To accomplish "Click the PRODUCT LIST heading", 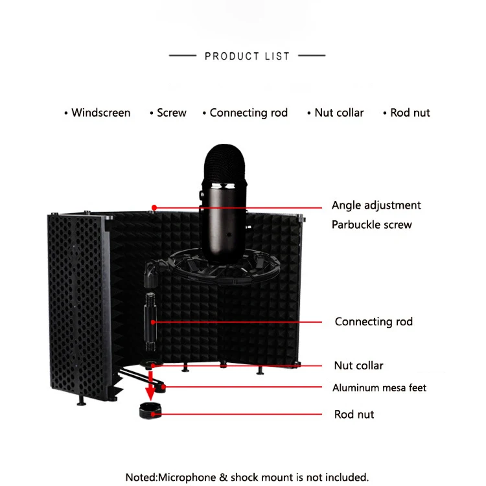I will point(247,56).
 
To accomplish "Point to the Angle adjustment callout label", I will point(376,205).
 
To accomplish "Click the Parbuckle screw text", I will point(371,225).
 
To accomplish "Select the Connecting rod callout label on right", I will point(373,321).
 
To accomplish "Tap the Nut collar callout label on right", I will point(358,365).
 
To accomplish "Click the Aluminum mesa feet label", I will point(379,388).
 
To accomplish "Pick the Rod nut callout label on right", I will point(354,414).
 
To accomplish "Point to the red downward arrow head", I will point(149,393).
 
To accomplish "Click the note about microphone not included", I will point(247,477).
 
